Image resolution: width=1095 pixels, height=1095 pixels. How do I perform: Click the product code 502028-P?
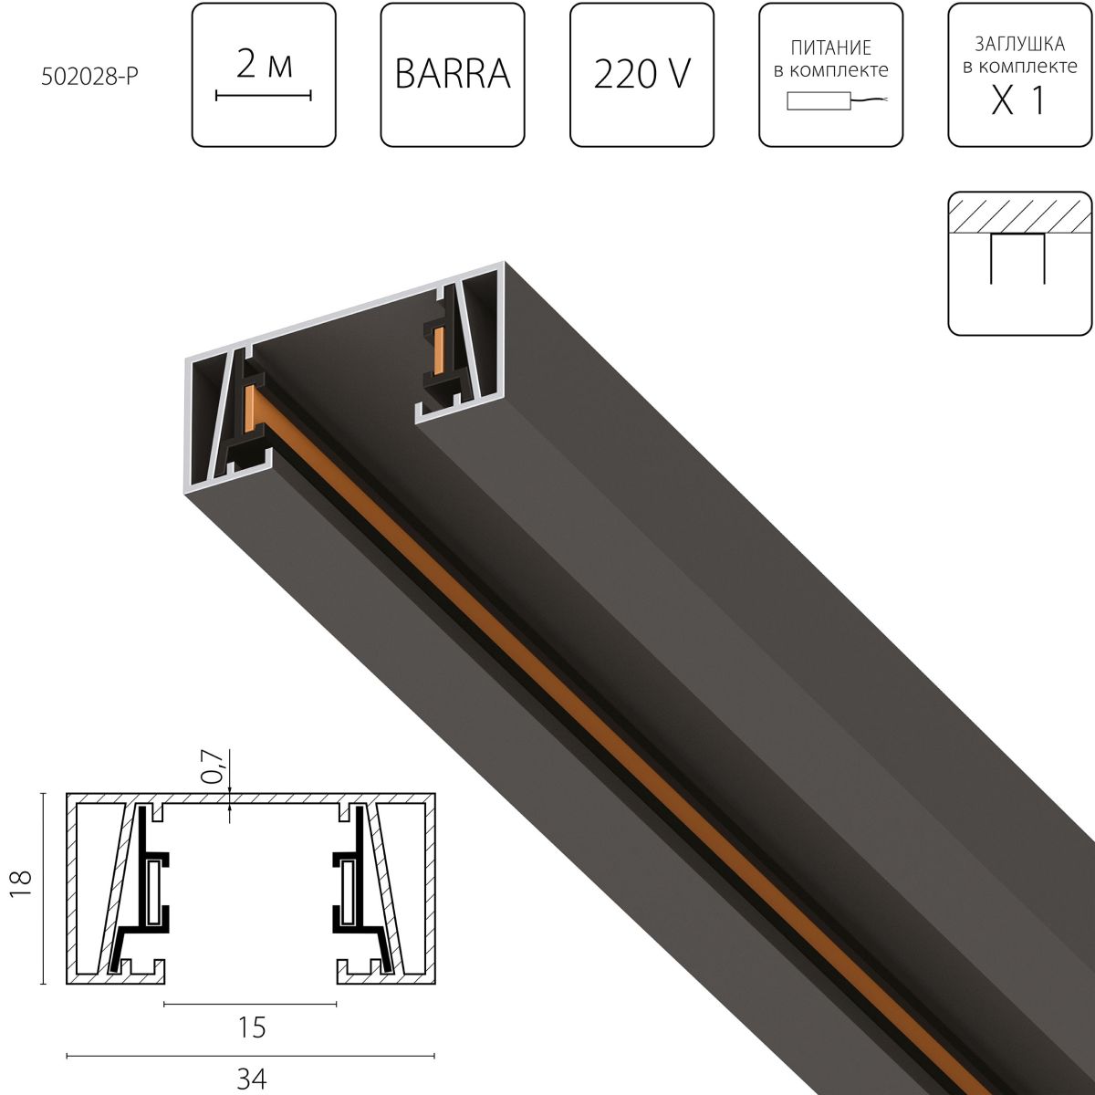coord(89,78)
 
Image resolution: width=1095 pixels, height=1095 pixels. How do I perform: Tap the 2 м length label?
coord(264,65)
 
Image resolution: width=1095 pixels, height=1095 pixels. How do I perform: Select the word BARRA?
coord(452,74)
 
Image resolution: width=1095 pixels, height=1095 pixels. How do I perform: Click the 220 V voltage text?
coord(641,74)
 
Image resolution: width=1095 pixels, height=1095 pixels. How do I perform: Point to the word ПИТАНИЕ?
coord(830,48)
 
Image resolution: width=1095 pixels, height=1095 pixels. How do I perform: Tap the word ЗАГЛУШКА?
coord(1019,43)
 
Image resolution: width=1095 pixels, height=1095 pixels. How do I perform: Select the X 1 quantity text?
coord(1018,101)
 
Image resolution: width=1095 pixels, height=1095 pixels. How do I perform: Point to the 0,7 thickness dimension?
coord(212,767)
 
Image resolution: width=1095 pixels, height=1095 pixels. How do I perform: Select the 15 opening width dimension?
coord(251,1027)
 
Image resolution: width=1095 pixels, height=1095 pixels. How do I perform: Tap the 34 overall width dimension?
coord(251,1079)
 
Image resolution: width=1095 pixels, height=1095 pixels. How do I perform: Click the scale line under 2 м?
coord(264,94)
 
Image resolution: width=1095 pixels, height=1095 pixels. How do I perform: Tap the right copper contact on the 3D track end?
coord(439,347)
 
